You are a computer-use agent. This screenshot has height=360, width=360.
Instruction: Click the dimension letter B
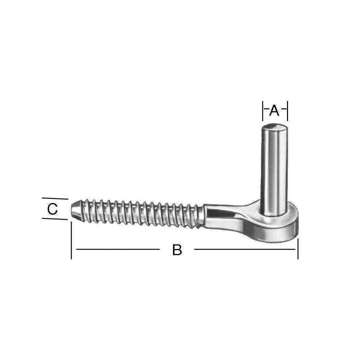[177, 250]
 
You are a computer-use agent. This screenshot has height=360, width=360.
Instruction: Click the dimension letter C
[52, 209]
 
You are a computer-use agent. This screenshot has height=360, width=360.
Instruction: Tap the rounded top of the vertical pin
[275, 127]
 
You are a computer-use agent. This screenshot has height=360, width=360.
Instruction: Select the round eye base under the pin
[276, 227]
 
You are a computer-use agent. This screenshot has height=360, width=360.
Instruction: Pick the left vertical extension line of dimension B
[71, 240]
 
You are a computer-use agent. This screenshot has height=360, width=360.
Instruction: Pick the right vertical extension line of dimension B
[298, 249]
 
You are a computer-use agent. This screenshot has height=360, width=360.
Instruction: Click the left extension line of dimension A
[263, 111]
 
